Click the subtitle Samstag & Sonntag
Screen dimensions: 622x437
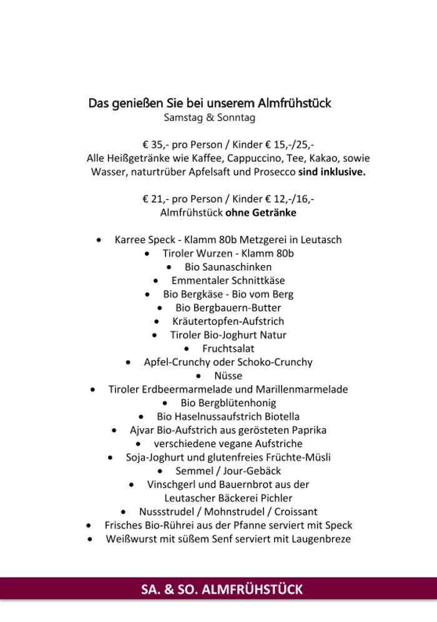(210, 118)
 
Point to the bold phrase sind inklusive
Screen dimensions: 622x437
(332, 172)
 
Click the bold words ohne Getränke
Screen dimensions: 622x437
(261, 213)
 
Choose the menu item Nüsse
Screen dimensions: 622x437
(228, 376)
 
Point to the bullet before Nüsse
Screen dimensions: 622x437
(199, 376)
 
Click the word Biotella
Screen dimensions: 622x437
(282, 416)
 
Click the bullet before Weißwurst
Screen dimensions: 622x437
(91, 539)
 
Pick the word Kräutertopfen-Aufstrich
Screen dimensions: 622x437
(228, 321)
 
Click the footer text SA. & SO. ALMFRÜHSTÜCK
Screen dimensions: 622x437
(222, 589)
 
